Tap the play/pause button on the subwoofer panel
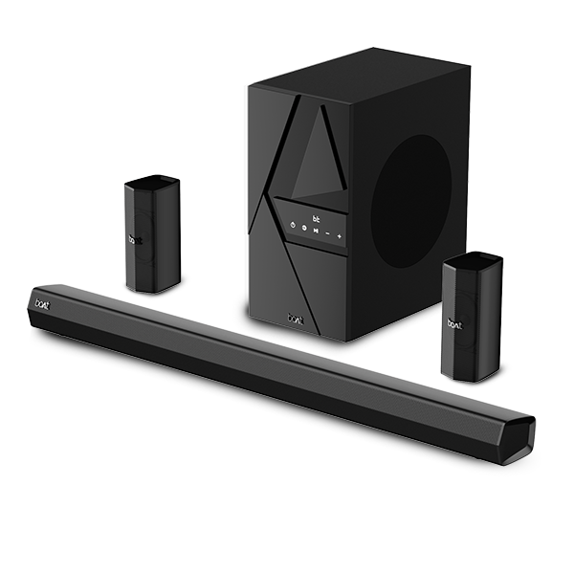314,230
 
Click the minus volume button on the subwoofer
327,232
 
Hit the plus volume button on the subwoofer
340,234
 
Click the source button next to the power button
303,228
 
